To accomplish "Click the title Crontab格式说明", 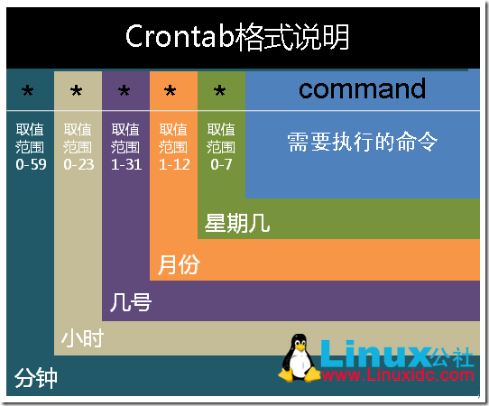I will coord(237,38).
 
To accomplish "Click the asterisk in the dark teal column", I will coord(28,92).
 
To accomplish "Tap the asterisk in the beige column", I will coord(77,92).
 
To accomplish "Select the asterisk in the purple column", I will coord(125,92).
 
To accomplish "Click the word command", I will coord(362,88).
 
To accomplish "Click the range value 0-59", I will coord(30,165).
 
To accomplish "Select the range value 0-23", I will coord(78,165).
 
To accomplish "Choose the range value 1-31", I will coord(125,165).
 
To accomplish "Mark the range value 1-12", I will coord(173,165).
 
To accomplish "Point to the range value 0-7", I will coord(221,165).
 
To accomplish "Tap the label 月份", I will coord(178,264).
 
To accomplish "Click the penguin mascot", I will coord(299,358).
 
